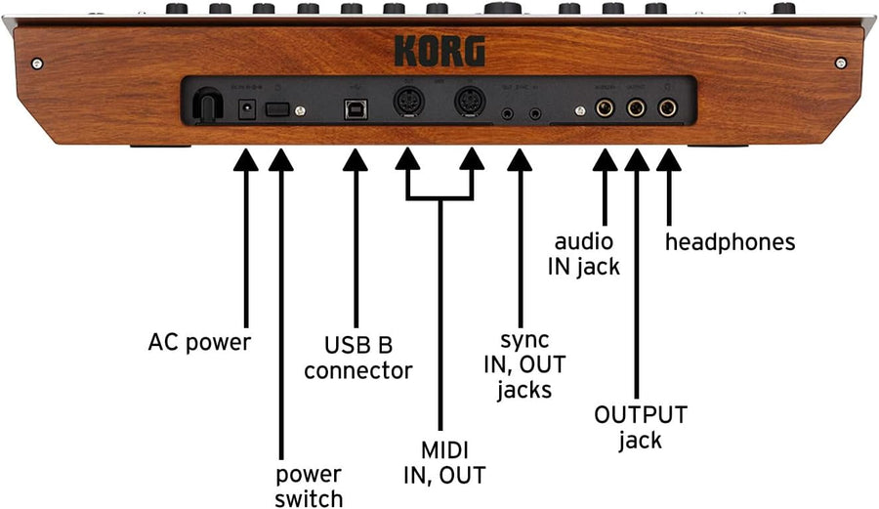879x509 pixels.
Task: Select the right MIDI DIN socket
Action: (471, 105)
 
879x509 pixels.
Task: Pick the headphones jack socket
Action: (668, 106)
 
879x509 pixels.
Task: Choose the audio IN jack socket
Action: (606, 106)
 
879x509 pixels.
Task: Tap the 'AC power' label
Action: (199, 343)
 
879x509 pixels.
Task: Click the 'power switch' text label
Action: (308, 486)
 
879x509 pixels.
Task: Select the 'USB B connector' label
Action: (357, 358)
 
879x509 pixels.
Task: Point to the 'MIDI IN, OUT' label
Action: (444, 462)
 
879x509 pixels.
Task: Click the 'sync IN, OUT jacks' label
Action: (524, 364)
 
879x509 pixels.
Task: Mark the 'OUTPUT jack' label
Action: (641, 427)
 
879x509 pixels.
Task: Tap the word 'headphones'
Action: (730, 241)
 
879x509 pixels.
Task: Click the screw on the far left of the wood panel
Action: (36, 64)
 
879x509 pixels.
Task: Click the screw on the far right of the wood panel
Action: (841, 64)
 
